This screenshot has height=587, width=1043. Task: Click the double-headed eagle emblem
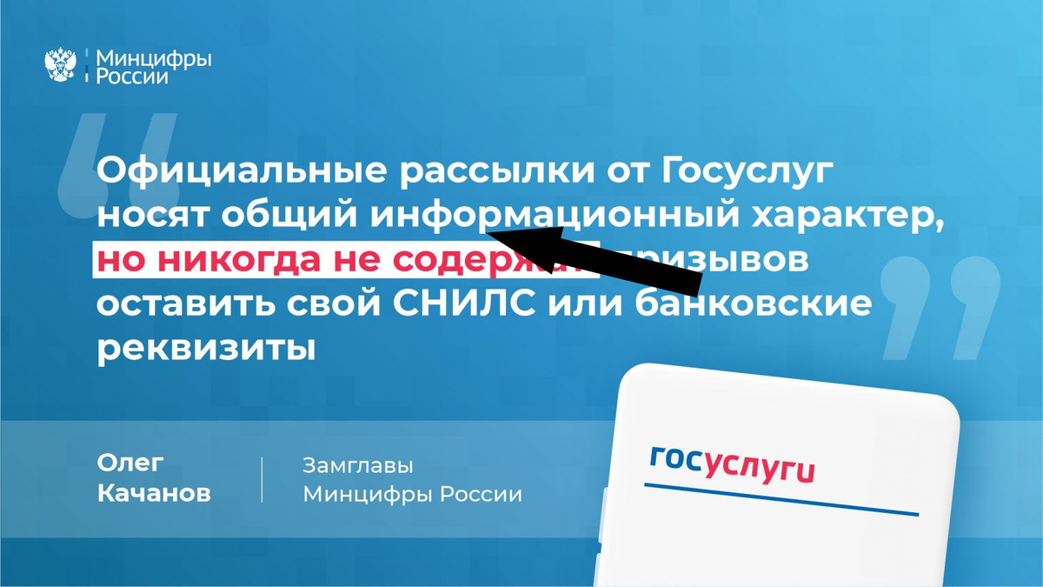[x=60, y=65]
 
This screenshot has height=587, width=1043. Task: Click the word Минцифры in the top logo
[x=153, y=57]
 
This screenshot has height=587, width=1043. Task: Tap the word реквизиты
[x=204, y=349]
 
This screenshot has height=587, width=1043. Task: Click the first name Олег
[x=131, y=464]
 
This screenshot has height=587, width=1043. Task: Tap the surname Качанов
[x=154, y=494]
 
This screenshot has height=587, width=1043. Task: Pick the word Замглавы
[x=358, y=465]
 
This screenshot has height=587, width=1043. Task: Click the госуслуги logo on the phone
[x=732, y=466]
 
